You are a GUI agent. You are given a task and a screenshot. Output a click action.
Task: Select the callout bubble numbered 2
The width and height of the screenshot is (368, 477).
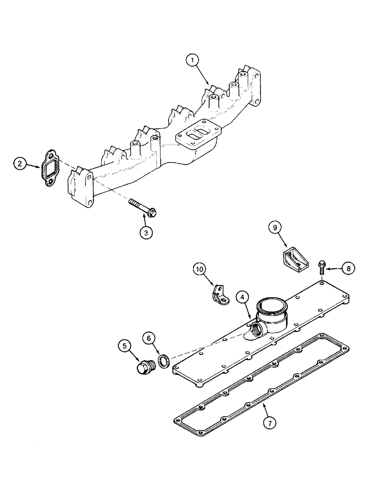[x=20, y=164]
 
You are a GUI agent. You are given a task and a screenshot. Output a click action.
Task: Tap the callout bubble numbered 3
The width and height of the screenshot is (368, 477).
[x=146, y=232]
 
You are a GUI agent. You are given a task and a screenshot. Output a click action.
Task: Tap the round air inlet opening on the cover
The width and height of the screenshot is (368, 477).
[x=271, y=305]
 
